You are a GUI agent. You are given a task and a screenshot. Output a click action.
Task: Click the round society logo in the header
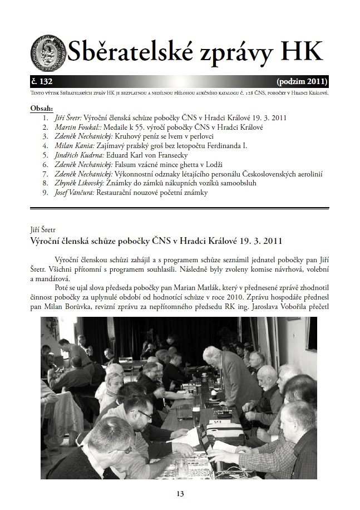point(48,52)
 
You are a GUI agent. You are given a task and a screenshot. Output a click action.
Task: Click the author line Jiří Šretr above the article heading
point(44,229)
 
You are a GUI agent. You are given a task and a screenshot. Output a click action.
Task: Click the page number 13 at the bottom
point(180,493)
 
